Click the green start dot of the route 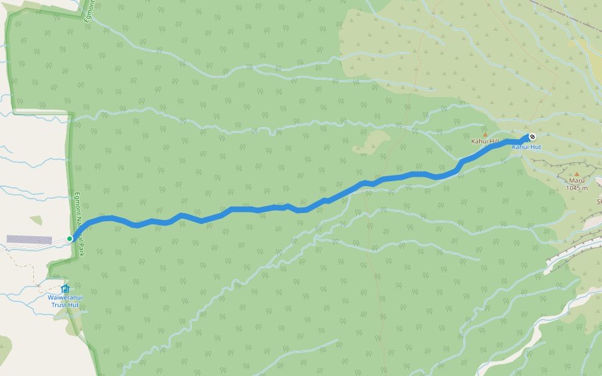pos(70,239)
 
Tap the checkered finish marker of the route pos(532,137)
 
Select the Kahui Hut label pos(526,147)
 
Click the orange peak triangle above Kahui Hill pos(485,134)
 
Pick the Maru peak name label pos(576,180)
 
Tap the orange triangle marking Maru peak pos(577,174)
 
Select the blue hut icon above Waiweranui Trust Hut pos(65,288)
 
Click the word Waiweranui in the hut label pos(65,298)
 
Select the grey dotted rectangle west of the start pos(29,239)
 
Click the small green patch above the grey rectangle pos(36,221)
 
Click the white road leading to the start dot pos(38,245)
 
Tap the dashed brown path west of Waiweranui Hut pos(28,267)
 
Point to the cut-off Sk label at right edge pos(599,202)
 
